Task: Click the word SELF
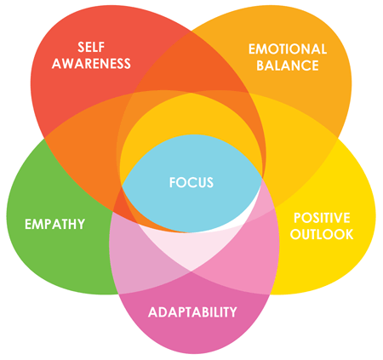click(x=91, y=47)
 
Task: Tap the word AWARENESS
click(x=91, y=63)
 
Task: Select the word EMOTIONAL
click(x=288, y=49)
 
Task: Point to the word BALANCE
click(x=288, y=66)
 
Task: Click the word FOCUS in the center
click(x=191, y=182)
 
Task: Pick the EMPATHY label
click(x=54, y=224)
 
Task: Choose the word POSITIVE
click(x=322, y=218)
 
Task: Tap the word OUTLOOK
click(x=322, y=234)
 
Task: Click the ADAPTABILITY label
click(x=192, y=312)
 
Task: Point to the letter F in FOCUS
click(x=173, y=182)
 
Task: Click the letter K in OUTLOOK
click(x=349, y=234)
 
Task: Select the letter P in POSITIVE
click(x=298, y=218)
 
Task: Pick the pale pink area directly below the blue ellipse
click(x=191, y=249)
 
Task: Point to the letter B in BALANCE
click(x=260, y=66)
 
